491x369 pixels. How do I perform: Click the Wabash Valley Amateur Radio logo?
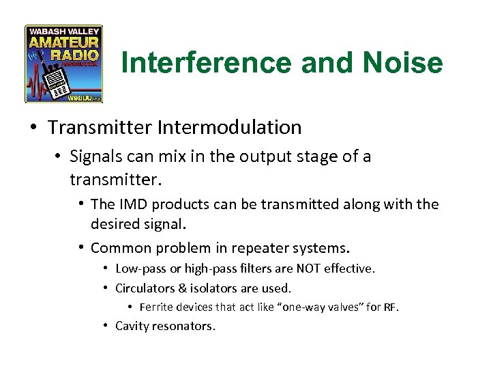pyautogui.click(x=63, y=64)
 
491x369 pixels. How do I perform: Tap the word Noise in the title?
pyautogui.click(x=402, y=64)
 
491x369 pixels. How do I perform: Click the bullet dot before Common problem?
pyautogui.click(x=80, y=247)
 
